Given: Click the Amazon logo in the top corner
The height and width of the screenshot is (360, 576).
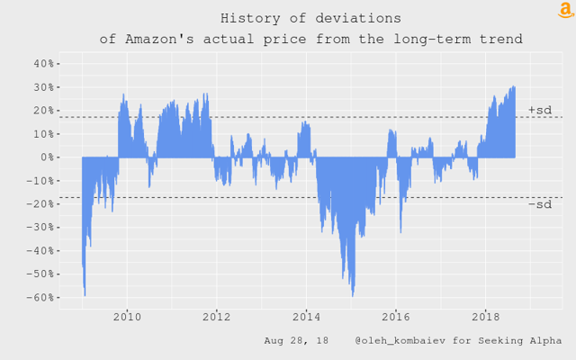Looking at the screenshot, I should [565, 10].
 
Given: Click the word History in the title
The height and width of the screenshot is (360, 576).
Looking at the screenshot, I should [248, 18].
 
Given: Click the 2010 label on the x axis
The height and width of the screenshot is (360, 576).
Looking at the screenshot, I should [127, 317].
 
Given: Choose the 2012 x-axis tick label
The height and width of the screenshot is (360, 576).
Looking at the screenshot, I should [216, 317].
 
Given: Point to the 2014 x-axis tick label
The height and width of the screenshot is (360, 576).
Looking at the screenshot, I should [306, 317].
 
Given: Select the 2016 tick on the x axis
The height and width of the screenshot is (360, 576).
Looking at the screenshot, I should [396, 317].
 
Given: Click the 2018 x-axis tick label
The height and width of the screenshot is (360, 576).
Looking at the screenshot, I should [486, 317].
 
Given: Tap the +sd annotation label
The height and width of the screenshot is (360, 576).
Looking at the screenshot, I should [539, 110].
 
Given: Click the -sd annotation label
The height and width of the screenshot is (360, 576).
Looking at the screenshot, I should [539, 204].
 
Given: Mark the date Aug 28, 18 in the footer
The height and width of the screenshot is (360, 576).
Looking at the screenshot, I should [296, 341].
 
